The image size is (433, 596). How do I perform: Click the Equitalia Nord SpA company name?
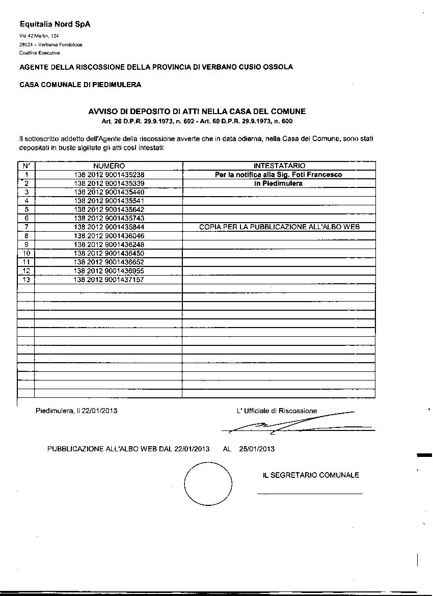pyautogui.click(x=55, y=24)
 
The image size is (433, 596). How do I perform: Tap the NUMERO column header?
pyautogui.click(x=109, y=166)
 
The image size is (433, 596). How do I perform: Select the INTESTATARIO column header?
pyautogui.click(x=279, y=166)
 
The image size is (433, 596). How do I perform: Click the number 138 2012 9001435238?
pyautogui.click(x=109, y=175)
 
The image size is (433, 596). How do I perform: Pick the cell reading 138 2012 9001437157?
pyautogui.click(x=109, y=280)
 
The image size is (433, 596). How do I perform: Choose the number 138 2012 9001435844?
pyautogui.click(x=109, y=227)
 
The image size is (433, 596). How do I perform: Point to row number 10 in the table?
pyautogui.click(x=26, y=253)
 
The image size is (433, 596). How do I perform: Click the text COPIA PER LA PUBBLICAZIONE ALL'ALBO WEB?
pyautogui.click(x=279, y=227)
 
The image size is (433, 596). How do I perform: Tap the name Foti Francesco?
pyautogui.click(x=321, y=175)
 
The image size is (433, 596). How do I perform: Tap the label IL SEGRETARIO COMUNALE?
pyautogui.click(x=311, y=475)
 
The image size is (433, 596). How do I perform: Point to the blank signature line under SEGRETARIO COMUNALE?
pyautogui.click(x=310, y=494)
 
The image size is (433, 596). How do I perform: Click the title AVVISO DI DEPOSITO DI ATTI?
pyautogui.click(x=197, y=112)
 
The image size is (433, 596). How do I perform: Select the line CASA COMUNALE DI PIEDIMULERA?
pyautogui.click(x=80, y=85)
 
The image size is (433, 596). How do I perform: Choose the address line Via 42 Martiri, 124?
pyautogui.click(x=39, y=36)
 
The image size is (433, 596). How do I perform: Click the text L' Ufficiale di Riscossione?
pyautogui.click(x=277, y=411)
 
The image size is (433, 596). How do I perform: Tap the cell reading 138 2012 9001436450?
pyautogui.click(x=109, y=253)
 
